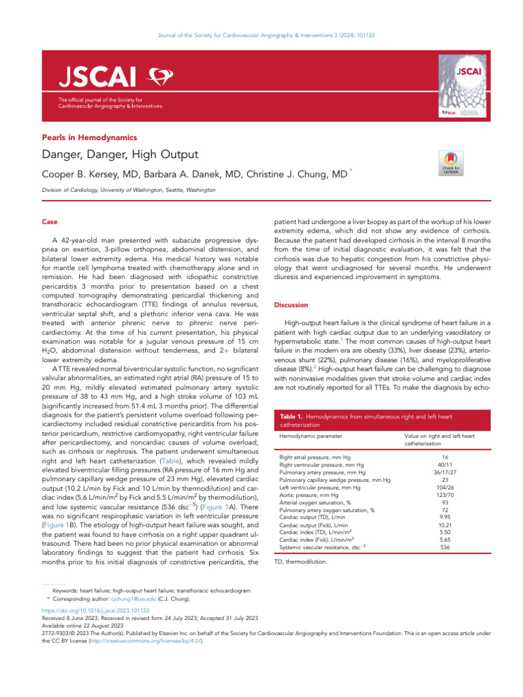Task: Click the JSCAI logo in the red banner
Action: [92, 77]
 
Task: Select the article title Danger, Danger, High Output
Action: [120, 155]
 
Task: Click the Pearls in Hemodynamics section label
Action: [89, 137]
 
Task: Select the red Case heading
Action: [50, 222]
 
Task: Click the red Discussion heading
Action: [290, 305]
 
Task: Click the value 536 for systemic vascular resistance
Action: [445, 547]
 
